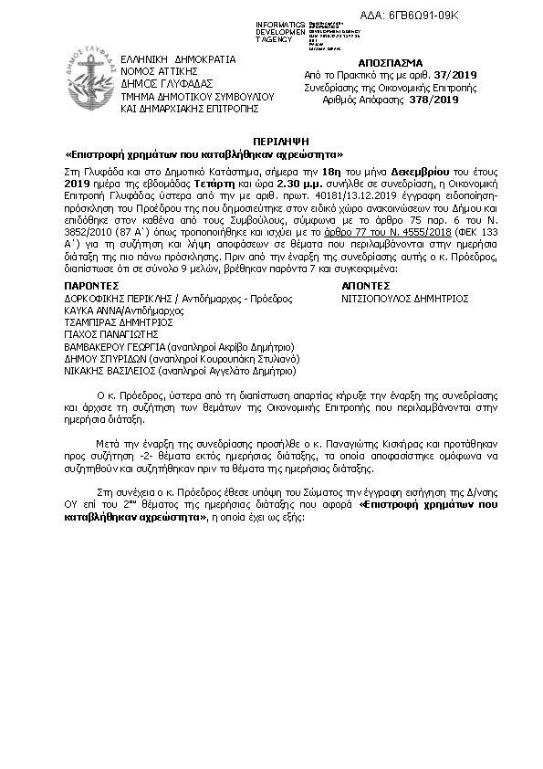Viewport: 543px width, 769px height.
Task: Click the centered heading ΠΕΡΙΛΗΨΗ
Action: (271, 142)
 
